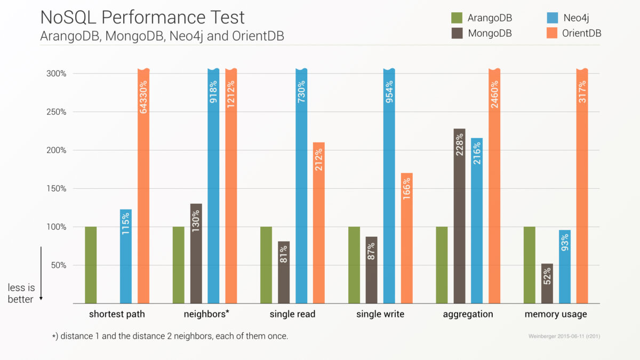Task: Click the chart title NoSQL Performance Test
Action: pos(142,18)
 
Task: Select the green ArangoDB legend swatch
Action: pos(457,18)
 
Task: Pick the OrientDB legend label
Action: pos(582,33)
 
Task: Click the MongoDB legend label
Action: pos(490,33)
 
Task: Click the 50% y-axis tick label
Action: pos(58,265)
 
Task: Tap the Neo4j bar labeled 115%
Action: pos(126,256)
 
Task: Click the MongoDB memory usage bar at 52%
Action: pos(547,283)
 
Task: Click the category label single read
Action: pos(292,314)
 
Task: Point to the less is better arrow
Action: pos(42,274)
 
